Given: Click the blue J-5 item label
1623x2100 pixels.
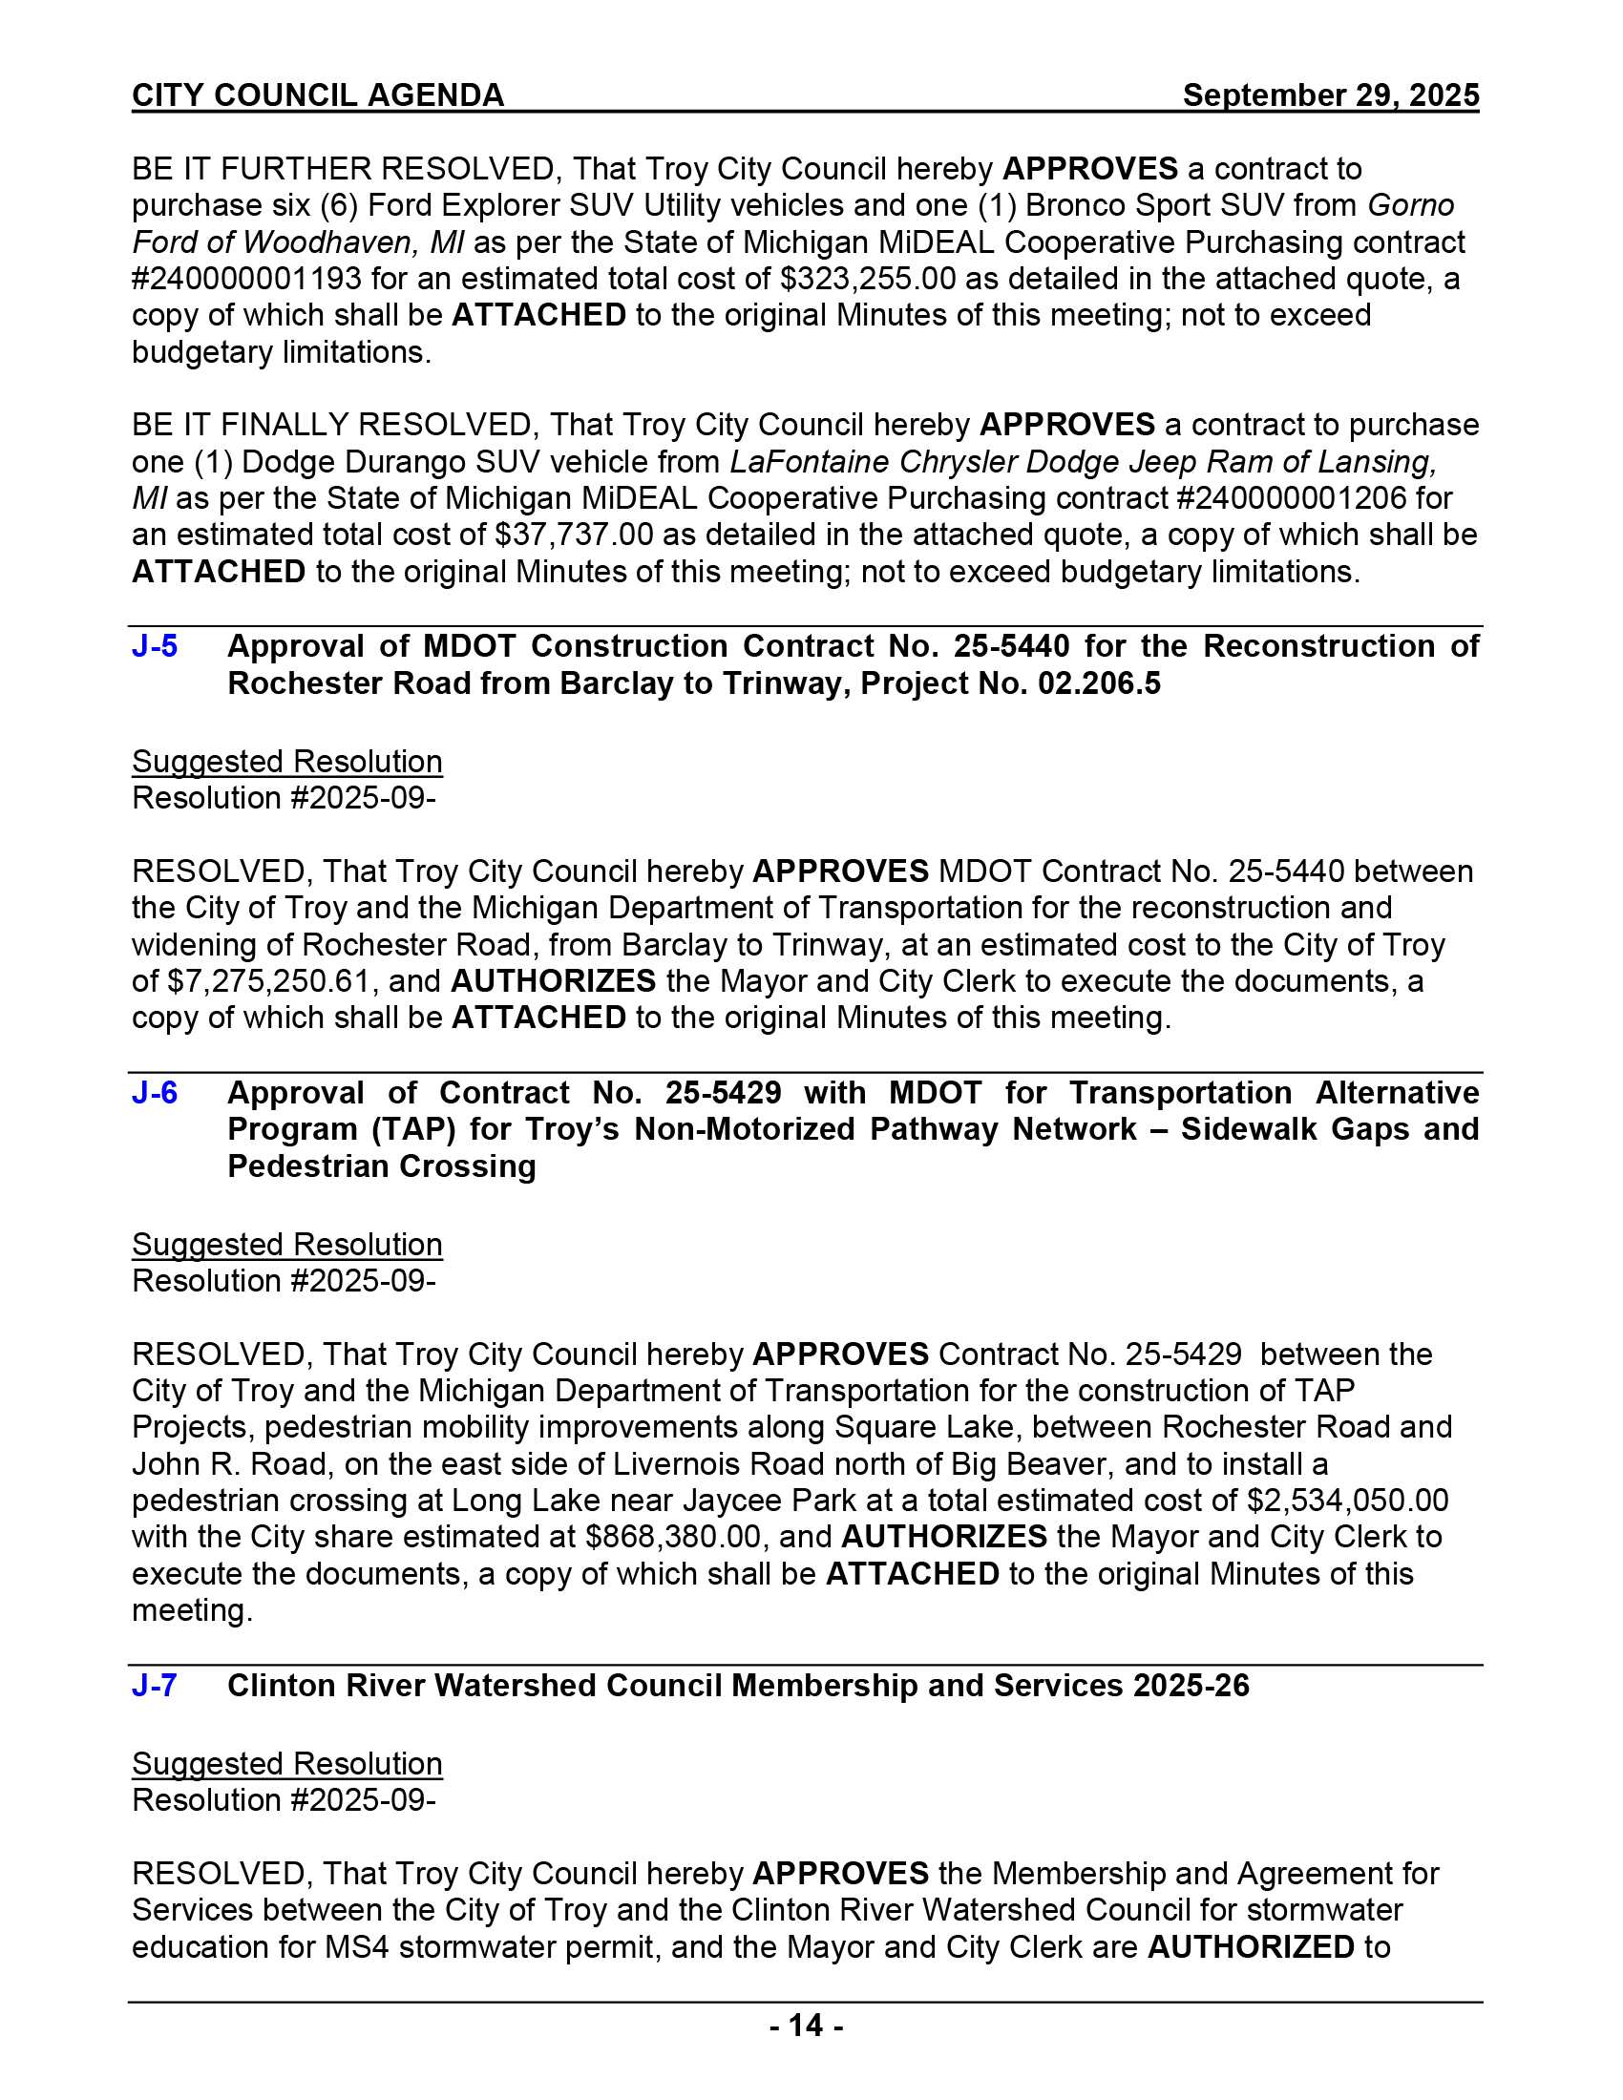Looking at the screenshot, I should (x=155, y=646).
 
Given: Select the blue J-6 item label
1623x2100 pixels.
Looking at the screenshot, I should (x=155, y=1092).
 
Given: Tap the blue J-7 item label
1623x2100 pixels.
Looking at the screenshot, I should (x=155, y=1686).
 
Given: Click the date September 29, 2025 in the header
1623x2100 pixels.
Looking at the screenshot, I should (x=1331, y=95).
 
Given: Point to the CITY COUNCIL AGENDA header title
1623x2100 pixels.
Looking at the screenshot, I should (x=318, y=95).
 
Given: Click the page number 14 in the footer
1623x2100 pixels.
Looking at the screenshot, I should (x=807, y=2026).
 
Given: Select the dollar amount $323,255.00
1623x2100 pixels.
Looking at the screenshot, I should (x=867, y=279).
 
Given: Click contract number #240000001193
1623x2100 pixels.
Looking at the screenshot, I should (x=247, y=279).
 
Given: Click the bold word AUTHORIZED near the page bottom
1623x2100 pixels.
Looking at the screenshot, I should (x=1251, y=1947).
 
